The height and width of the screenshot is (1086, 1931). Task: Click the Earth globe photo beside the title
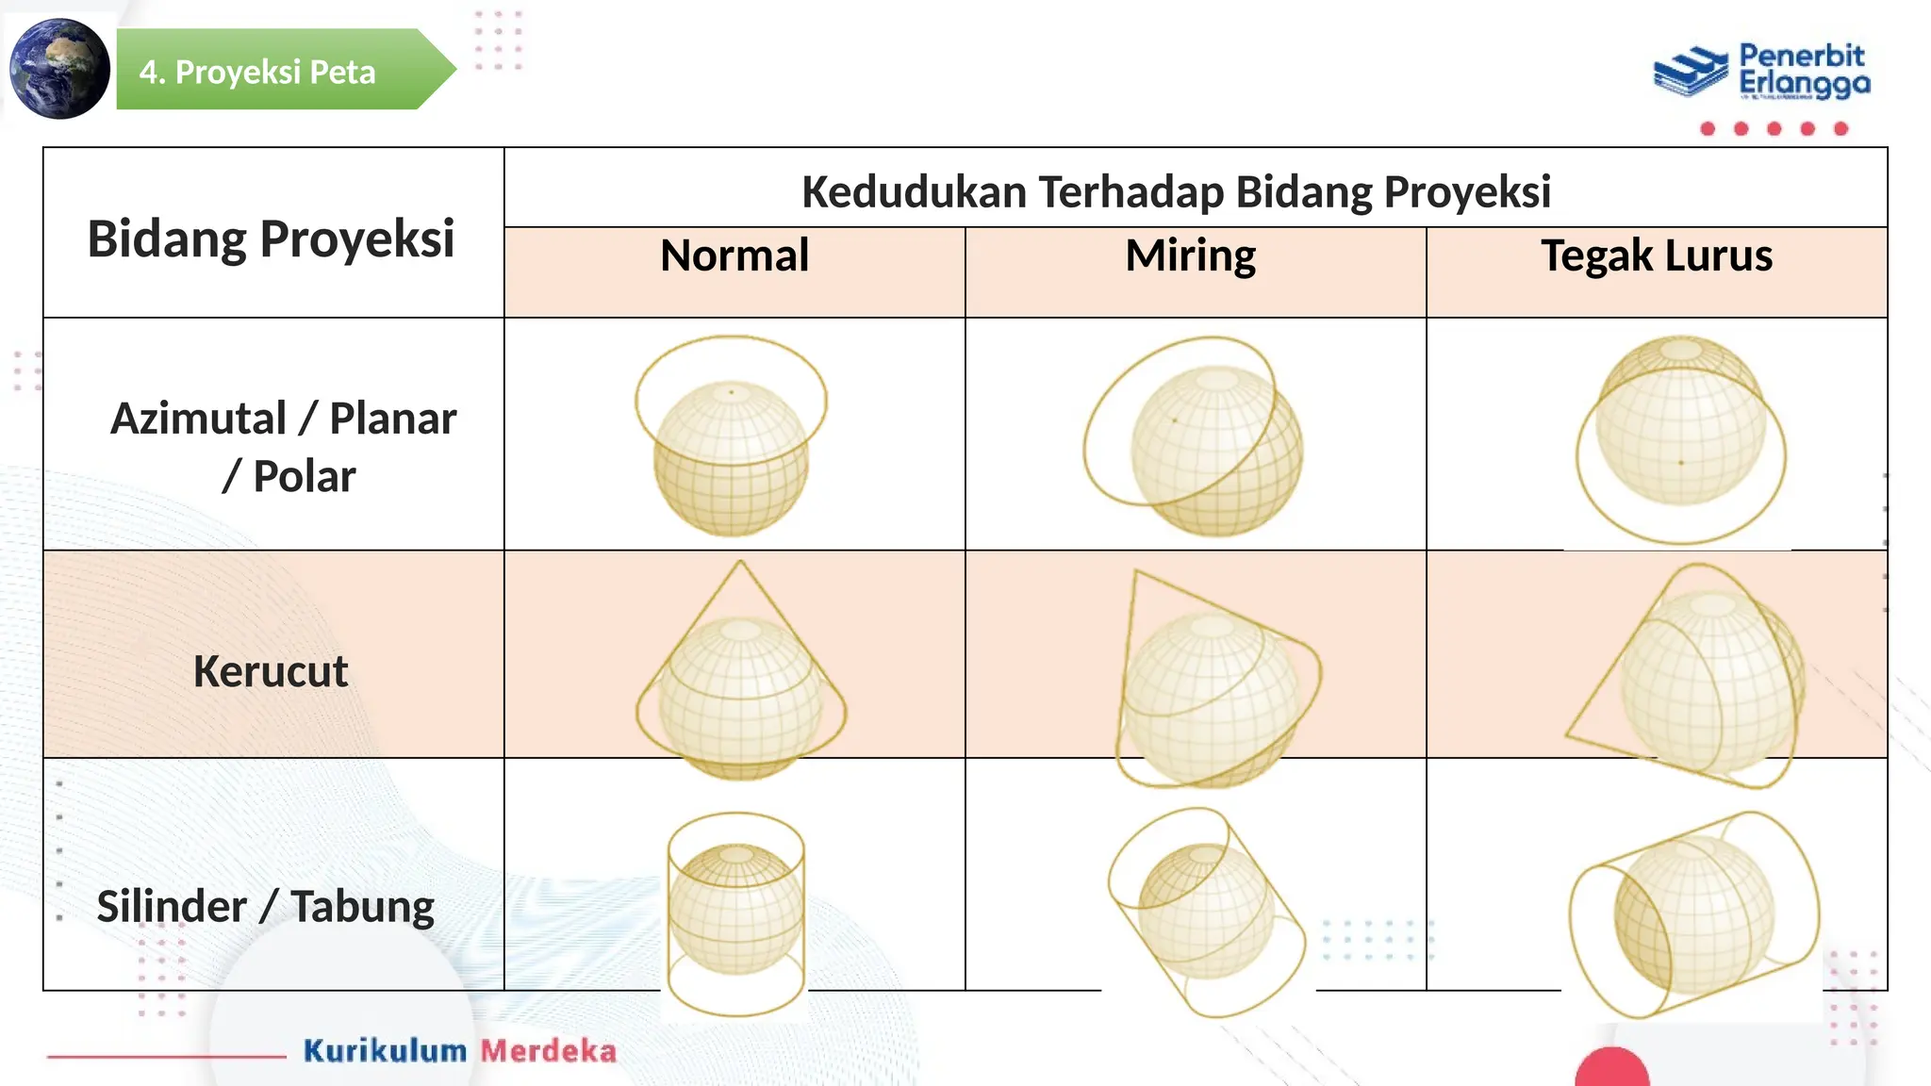tap(59, 69)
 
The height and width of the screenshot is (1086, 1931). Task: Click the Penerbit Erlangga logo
tap(1762, 72)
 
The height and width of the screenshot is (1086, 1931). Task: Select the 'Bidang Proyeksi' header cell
tap(272, 238)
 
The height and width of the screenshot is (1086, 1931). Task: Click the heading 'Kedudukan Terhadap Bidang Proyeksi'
tap(1176, 191)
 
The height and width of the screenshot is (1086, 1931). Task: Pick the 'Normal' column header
tap(734, 255)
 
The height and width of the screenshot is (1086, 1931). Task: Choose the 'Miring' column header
tap(1190, 255)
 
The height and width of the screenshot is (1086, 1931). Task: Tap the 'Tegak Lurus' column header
tap(1657, 255)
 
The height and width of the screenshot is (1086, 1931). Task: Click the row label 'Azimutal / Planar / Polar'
tap(282, 447)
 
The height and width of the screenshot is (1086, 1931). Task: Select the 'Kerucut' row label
tap(271, 671)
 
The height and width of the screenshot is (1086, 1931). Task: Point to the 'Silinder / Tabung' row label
tap(266, 906)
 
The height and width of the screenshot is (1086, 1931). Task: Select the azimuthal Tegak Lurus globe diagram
tap(1680, 438)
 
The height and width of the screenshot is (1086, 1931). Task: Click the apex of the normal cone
tap(740, 564)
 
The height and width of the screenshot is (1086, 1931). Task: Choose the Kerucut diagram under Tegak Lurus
tap(1692, 675)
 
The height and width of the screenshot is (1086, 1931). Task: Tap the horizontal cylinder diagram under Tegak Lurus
tap(1694, 914)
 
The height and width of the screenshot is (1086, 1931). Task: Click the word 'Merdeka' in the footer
tap(549, 1050)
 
